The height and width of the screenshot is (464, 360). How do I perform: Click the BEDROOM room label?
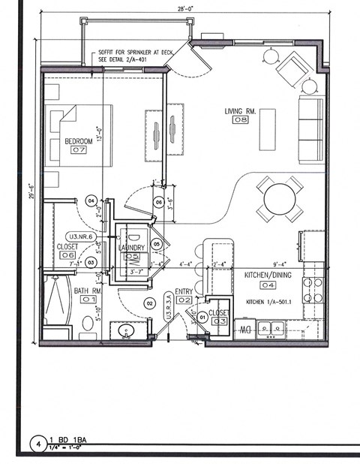pyautogui.click(x=78, y=140)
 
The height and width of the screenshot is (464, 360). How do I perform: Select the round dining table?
pyautogui.click(x=280, y=199)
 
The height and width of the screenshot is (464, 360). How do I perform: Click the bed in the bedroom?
pyautogui.click(x=78, y=135)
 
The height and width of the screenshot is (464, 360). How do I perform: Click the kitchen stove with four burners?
pyautogui.click(x=313, y=290)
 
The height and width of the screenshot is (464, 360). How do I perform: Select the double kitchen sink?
pyautogui.click(x=271, y=328)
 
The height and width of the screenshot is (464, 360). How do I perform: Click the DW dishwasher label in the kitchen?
pyautogui.click(x=244, y=329)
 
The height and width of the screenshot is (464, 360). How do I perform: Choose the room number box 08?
pyautogui.click(x=241, y=119)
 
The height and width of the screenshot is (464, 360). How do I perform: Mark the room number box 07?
pyautogui.click(x=79, y=150)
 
